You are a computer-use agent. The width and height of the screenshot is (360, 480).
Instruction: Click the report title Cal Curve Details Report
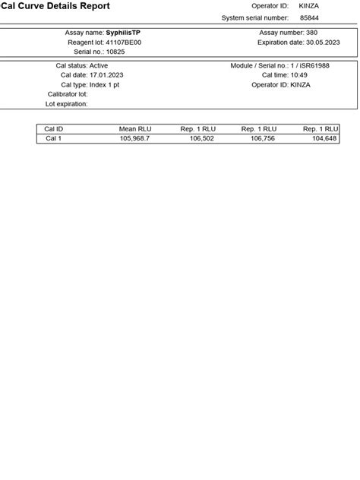coord(55,6)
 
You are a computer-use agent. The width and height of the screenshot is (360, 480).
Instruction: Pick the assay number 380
coord(311,33)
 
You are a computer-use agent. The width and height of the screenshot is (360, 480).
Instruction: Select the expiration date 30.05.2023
coord(323,43)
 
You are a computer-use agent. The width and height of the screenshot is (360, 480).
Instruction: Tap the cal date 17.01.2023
coord(106,75)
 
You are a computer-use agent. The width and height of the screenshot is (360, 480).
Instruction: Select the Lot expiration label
coord(67,104)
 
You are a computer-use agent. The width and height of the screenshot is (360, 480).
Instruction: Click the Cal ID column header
coord(54,129)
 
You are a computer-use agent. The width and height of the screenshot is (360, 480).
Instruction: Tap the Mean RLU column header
coord(135,129)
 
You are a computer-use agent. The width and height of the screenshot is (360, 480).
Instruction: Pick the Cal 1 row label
coord(54,138)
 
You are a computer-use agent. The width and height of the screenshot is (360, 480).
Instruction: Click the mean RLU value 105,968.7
coord(134,138)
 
